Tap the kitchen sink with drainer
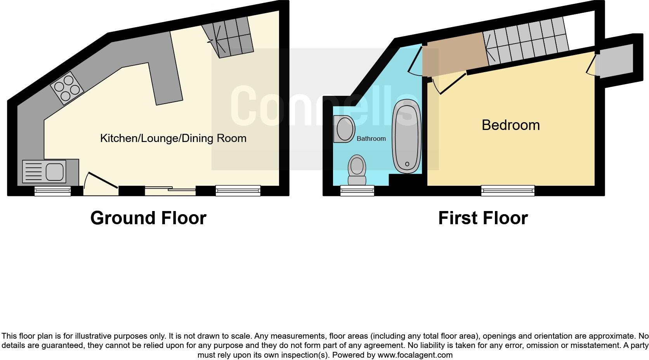pyautogui.click(x=44, y=171)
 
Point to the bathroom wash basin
pyautogui.click(x=344, y=129)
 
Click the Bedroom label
pyautogui.click(x=510, y=125)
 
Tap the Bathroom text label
pyautogui.click(x=371, y=138)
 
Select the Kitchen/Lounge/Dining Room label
pyautogui.click(x=173, y=138)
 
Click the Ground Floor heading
pyautogui.click(x=148, y=218)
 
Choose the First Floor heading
pyautogui.click(x=483, y=218)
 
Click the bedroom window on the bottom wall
pyautogui.click(x=508, y=190)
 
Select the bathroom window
pyautogui.click(x=357, y=190)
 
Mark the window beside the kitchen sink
pyautogui.click(x=52, y=190)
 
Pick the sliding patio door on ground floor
pyautogui.click(x=170, y=190)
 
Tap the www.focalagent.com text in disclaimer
pyautogui.click(x=415, y=355)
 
